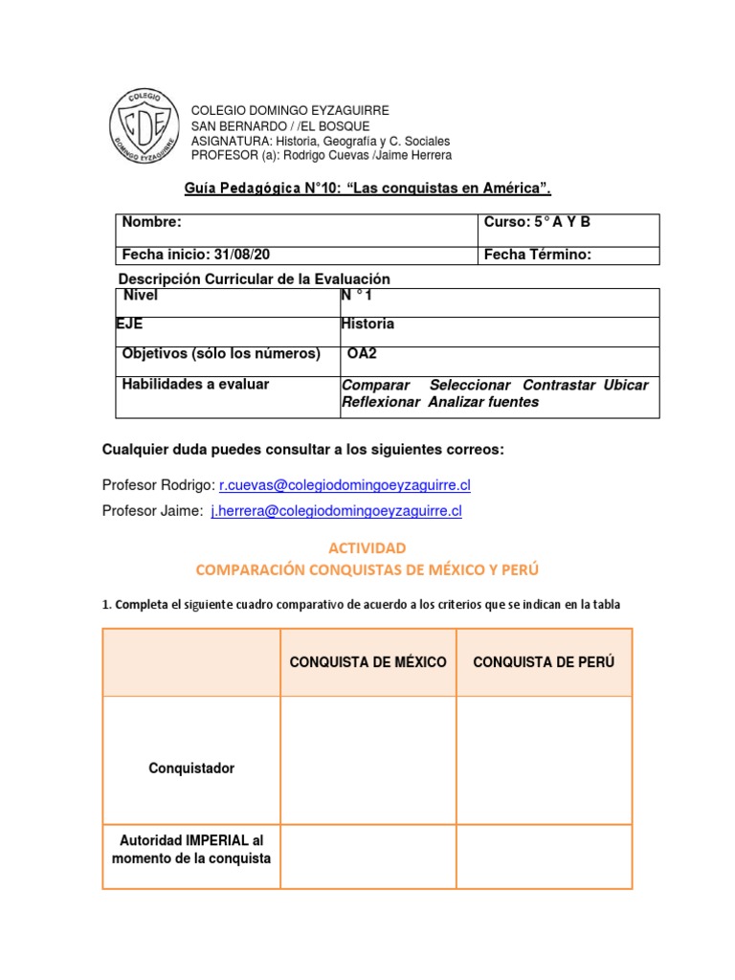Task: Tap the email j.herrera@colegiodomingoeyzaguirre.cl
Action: tap(336, 512)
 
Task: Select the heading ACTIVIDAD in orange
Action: tap(367, 548)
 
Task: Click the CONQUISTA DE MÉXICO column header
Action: tap(368, 662)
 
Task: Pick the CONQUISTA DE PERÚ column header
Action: tap(544, 662)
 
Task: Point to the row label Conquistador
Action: tap(191, 768)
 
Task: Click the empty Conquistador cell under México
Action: tap(368, 760)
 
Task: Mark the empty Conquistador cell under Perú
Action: tap(544, 760)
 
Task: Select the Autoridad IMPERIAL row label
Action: tap(191, 849)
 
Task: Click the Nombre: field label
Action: tap(151, 223)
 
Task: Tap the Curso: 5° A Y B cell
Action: tap(537, 223)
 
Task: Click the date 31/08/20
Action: tap(256, 255)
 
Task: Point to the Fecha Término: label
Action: tap(537, 255)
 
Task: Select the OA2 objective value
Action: tap(362, 354)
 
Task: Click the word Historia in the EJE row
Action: tap(367, 324)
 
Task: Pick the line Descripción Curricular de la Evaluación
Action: tap(255, 278)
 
